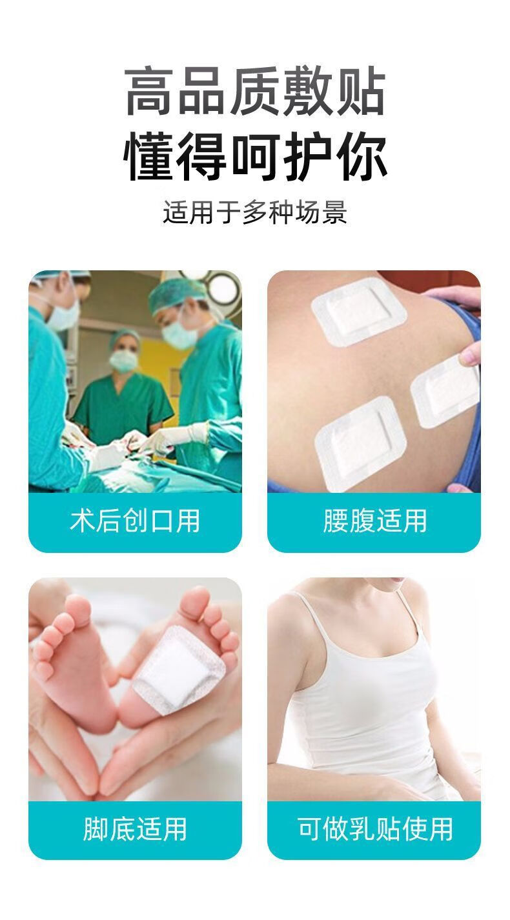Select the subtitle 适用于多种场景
click(x=255, y=212)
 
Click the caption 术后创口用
click(x=135, y=521)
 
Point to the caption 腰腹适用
click(x=374, y=521)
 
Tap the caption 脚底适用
click(x=135, y=829)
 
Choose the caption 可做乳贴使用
click(x=374, y=829)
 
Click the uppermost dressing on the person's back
click(x=358, y=311)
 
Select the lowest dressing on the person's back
click(x=360, y=444)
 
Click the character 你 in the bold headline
click(x=362, y=157)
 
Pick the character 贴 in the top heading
click(x=362, y=90)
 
